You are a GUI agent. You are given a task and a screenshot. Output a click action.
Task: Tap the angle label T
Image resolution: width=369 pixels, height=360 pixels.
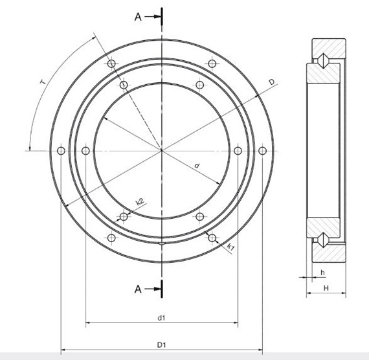(42, 82)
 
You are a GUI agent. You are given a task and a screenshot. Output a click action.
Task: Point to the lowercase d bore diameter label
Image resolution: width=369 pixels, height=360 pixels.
(196, 166)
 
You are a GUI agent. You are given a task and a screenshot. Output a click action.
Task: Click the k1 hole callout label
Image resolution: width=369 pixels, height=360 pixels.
(231, 247)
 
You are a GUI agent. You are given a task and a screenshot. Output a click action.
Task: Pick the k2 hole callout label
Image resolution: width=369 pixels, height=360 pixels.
(139, 203)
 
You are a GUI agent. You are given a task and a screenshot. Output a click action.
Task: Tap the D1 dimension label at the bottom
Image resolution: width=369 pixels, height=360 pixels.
(161, 346)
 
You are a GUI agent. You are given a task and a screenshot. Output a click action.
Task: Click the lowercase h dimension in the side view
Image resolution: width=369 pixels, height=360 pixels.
(322, 273)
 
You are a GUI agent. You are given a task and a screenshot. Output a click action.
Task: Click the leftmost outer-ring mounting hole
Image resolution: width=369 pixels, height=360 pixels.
(60, 151)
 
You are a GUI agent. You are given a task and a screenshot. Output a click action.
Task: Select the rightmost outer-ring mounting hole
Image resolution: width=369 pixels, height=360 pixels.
(262, 151)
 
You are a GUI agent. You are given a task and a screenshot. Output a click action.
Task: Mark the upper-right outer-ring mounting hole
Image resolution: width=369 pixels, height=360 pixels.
(212, 63)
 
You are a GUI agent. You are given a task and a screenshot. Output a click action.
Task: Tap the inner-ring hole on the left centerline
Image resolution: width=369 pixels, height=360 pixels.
(86, 151)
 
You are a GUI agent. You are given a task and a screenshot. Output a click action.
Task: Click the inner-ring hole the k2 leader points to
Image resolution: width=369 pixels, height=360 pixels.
(124, 216)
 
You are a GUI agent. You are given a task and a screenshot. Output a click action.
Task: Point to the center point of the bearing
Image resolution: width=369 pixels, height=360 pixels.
(161, 151)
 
